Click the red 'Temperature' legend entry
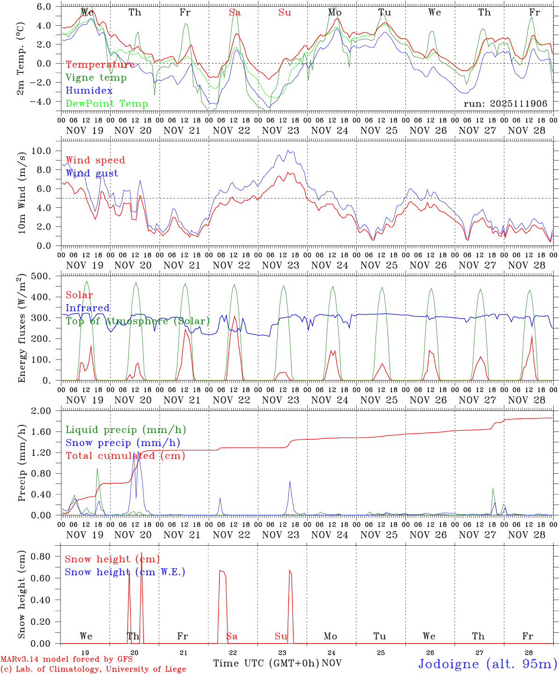click(100, 65)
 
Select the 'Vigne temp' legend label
click(96, 78)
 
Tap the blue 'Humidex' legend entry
click(89, 91)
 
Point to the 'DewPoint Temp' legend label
click(107, 104)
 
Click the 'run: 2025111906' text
click(505, 104)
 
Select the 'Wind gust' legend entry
click(92, 173)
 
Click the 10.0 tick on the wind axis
click(47, 151)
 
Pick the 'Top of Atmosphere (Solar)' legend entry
click(138, 321)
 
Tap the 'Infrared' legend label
click(88, 308)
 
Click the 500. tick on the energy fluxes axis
click(47, 276)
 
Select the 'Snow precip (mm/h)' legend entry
click(123, 443)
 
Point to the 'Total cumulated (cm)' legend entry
click(125, 456)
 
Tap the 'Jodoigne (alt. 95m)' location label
click(487, 664)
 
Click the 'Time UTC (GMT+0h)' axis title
click(266, 663)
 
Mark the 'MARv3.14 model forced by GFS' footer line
click(66, 659)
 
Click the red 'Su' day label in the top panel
click(285, 13)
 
